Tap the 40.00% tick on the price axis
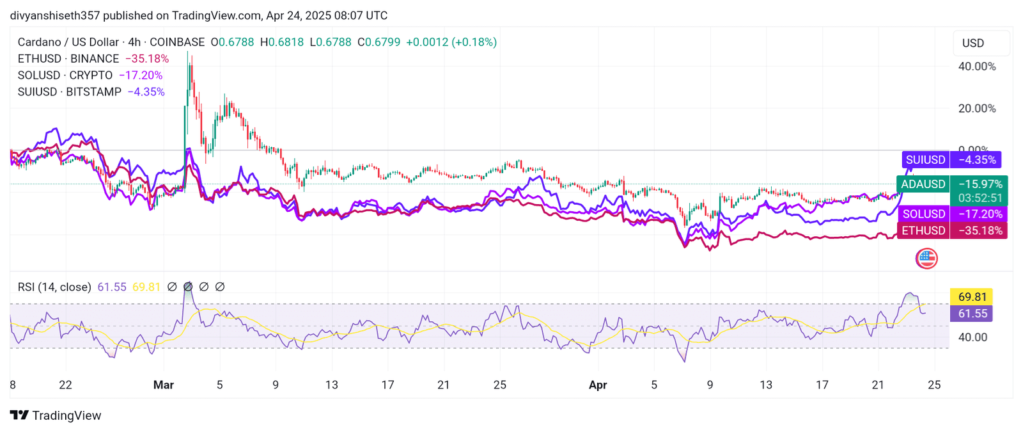coord(976,67)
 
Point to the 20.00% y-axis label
coord(976,109)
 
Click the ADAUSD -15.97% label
coord(951,184)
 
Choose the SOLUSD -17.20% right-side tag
coord(951,214)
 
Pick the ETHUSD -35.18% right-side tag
coord(951,230)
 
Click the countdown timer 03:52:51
coord(980,198)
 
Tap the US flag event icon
coord(926,259)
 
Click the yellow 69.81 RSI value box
coord(972,297)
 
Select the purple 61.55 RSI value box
coord(972,314)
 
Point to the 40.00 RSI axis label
coord(972,337)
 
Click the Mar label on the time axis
coord(164,385)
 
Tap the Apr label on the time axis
coord(598,385)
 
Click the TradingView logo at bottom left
coord(56,415)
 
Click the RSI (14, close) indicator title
coord(54,287)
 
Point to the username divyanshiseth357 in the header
coord(55,15)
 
